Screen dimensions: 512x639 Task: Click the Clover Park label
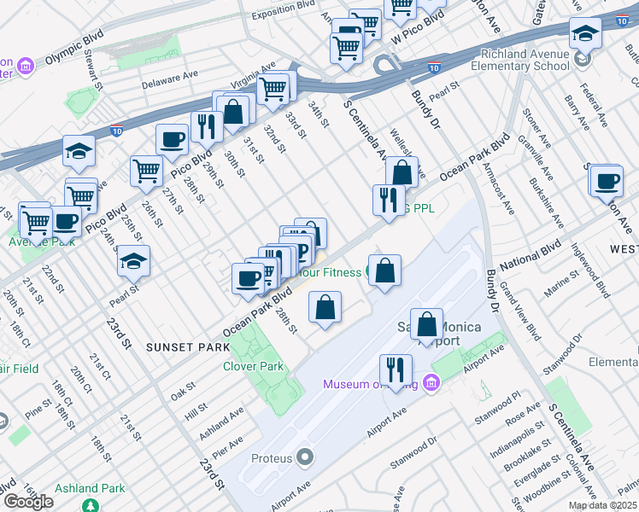coord(253,366)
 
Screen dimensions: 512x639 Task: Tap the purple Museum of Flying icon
coord(431,383)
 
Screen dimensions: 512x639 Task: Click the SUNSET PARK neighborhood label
coord(187,347)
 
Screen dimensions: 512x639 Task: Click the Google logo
coord(28,502)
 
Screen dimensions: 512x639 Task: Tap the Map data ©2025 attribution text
coord(602,505)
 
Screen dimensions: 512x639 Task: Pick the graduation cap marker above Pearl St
coord(133,261)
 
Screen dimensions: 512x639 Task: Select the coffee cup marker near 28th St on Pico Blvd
coord(172,139)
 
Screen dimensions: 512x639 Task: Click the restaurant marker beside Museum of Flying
coord(395,369)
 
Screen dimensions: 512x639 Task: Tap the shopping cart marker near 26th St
coord(147,171)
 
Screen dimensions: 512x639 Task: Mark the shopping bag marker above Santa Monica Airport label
coord(426,323)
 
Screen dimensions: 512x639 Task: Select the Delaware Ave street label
coord(169,79)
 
